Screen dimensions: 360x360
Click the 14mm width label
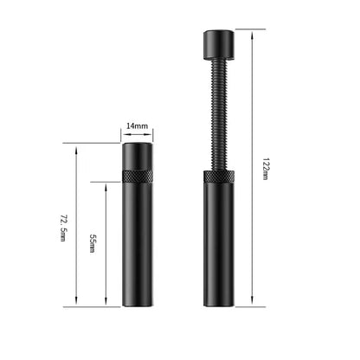click(x=138, y=126)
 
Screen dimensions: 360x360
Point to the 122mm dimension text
click(x=264, y=167)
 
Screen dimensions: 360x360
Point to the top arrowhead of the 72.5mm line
click(x=78, y=145)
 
